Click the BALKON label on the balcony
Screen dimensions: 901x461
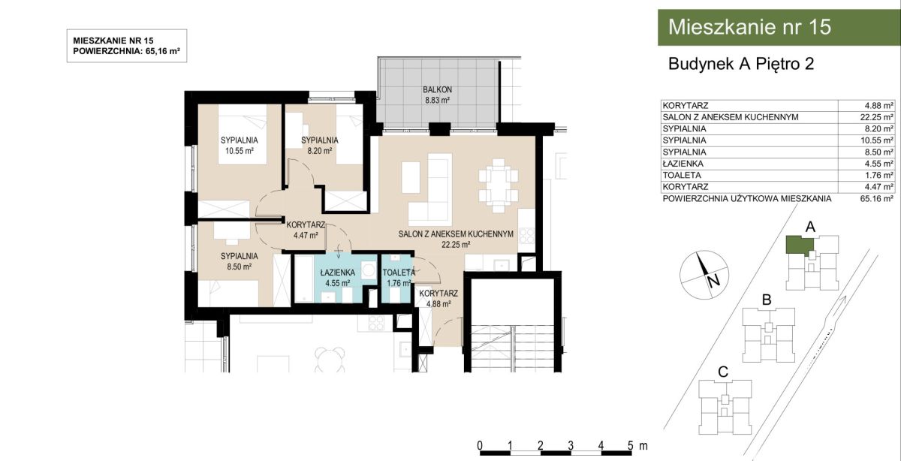pos(437,89)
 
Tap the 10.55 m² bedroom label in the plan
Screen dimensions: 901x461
pos(240,146)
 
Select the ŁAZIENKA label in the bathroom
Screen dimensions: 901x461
pos(337,273)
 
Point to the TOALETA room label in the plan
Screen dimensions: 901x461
pos(398,273)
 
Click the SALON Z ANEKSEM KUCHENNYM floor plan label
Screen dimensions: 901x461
pos(456,234)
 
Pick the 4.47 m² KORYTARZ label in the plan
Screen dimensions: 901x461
pos(306,230)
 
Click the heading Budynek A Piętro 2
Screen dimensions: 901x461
pos(741,64)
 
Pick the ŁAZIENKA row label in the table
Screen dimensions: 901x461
pos(683,164)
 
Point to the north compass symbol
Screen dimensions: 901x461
pos(704,275)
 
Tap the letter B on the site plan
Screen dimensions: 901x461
pos(767,300)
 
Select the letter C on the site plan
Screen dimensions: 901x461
pos(723,372)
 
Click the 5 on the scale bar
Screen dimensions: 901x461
pos(630,445)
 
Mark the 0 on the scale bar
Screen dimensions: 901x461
pos(480,445)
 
